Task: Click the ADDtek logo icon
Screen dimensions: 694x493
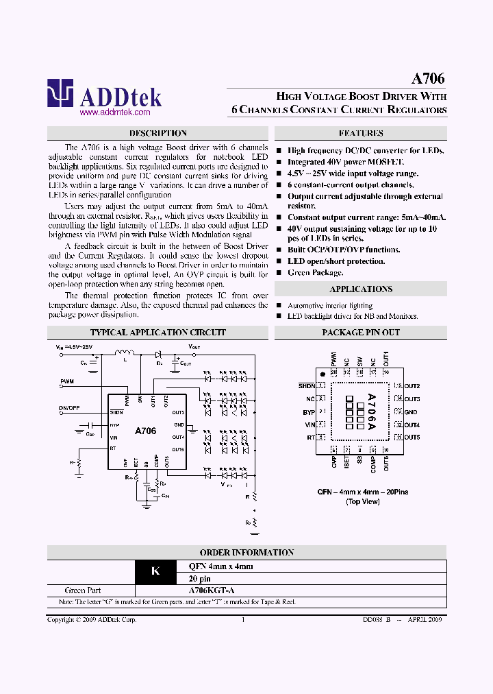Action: (x=60, y=94)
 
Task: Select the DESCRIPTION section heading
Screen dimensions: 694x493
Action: (x=157, y=133)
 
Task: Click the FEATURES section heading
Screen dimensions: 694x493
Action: (x=361, y=133)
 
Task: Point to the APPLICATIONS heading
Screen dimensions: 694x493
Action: (x=361, y=289)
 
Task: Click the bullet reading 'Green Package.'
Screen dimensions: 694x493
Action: (x=315, y=272)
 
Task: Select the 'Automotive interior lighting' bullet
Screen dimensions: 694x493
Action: (x=330, y=305)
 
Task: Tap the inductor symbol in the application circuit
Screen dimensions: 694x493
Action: (x=125, y=354)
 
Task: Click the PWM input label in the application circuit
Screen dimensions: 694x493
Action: (x=67, y=381)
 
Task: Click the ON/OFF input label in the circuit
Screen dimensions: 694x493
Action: (x=69, y=407)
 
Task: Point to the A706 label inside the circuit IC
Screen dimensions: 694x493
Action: (x=145, y=431)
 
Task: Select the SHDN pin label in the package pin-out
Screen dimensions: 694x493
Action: (x=306, y=387)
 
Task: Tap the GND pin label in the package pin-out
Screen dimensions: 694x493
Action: (x=411, y=412)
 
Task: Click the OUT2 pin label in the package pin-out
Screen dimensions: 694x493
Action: (x=412, y=387)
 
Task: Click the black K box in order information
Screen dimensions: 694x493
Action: (x=155, y=571)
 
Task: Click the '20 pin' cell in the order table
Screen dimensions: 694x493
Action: (x=201, y=577)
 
